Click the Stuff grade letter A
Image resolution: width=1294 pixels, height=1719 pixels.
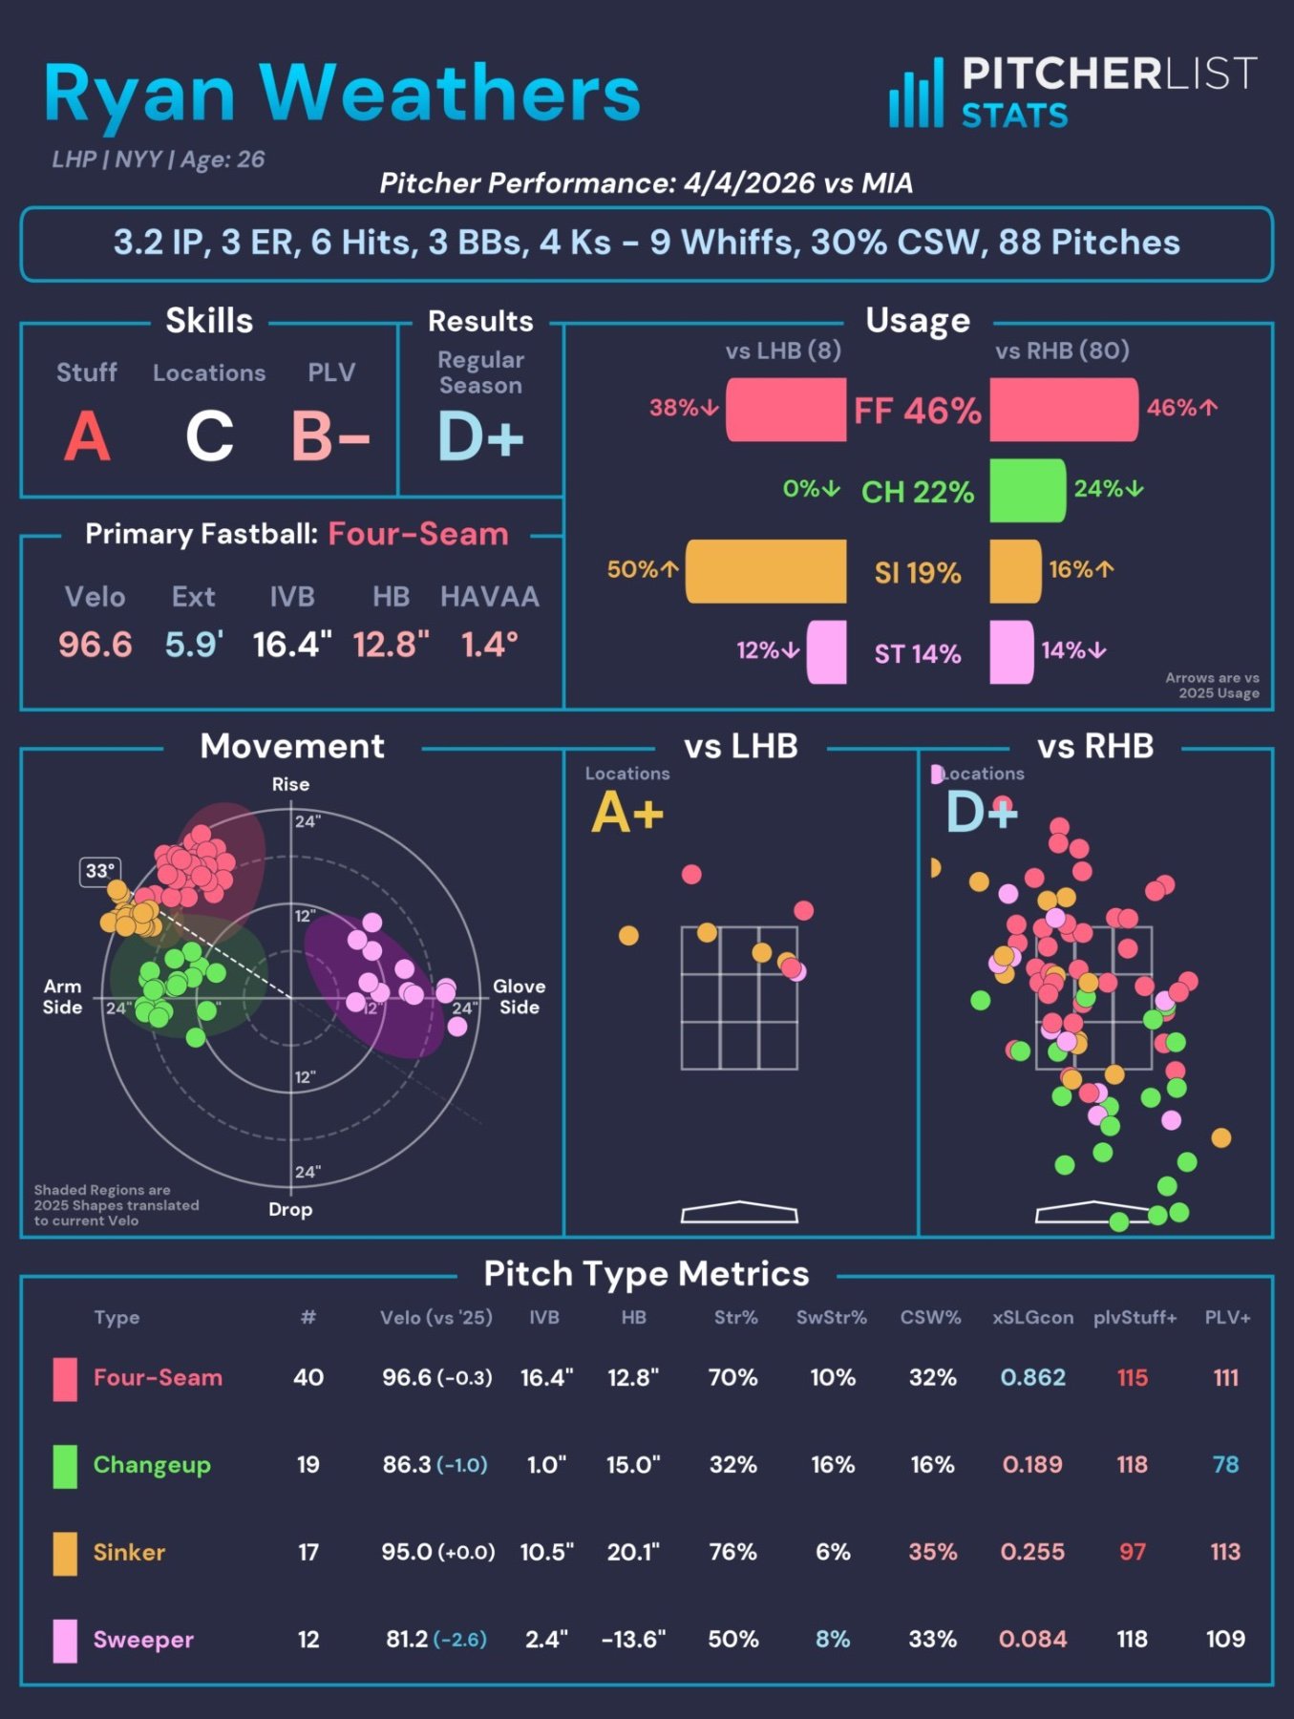click(x=87, y=436)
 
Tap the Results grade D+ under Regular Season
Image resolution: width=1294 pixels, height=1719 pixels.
click(x=480, y=436)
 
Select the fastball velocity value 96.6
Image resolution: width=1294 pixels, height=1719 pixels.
click(x=95, y=645)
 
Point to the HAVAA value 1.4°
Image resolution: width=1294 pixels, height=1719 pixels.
click(x=489, y=645)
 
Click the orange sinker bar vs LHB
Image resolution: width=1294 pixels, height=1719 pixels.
click(x=766, y=571)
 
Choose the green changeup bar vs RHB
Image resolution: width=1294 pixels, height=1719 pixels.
click(x=1027, y=490)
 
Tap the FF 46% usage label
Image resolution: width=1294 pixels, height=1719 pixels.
click(x=917, y=411)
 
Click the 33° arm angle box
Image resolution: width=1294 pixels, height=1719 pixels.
click(x=100, y=871)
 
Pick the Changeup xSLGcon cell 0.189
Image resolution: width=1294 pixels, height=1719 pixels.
click(x=1032, y=1464)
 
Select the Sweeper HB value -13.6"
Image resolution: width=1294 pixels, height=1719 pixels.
click(x=633, y=1639)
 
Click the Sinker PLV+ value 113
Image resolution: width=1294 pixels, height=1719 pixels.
click(x=1225, y=1551)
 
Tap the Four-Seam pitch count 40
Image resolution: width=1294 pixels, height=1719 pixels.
click(x=308, y=1377)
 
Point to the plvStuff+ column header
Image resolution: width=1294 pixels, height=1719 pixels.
click(x=1135, y=1317)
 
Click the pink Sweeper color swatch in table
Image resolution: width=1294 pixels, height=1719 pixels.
click(x=65, y=1640)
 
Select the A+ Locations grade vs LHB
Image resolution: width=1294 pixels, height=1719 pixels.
click(x=626, y=814)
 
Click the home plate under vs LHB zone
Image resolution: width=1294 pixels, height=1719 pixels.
click(x=739, y=1212)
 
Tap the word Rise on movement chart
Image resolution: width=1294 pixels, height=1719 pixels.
click(x=290, y=784)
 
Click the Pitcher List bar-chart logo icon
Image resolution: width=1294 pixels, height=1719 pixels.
click(x=916, y=94)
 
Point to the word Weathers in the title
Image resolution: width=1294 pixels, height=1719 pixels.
click(x=449, y=94)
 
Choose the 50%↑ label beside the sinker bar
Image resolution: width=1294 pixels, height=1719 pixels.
click(x=643, y=569)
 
